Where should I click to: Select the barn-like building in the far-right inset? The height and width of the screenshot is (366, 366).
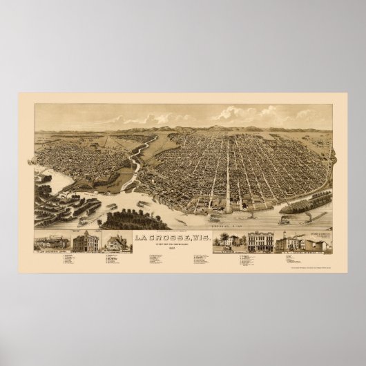pos(320,244)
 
